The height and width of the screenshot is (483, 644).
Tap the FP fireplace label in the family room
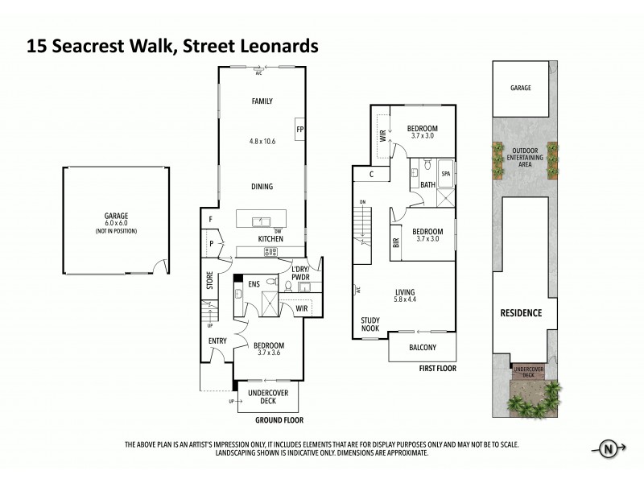299,130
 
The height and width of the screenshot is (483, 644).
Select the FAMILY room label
262,101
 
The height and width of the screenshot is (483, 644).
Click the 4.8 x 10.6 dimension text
262,142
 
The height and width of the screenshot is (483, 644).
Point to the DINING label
262,187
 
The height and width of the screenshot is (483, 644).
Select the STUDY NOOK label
370,324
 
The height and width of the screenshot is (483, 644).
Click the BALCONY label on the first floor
422,348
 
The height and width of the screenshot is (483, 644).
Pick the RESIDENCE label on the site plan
521,313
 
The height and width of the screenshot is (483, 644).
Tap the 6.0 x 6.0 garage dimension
116,224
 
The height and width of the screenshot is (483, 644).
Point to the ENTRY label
217,341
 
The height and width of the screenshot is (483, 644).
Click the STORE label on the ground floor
209,282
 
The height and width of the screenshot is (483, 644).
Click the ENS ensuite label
254,283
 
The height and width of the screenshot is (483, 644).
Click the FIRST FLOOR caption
438,368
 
